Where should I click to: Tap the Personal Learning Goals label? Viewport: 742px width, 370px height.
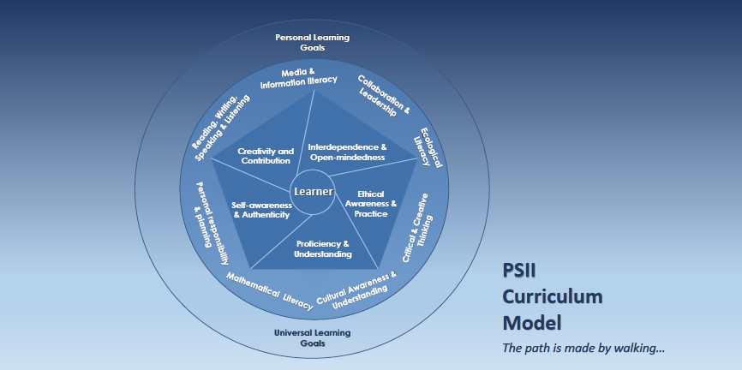point(312,43)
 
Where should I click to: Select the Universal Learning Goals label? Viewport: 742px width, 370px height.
point(312,337)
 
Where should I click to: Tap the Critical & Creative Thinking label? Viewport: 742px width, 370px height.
point(418,226)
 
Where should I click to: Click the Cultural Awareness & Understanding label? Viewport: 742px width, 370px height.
point(357,290)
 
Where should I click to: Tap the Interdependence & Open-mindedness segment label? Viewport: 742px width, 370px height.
point(347,152)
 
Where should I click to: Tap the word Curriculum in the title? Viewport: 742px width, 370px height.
point(552,297)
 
